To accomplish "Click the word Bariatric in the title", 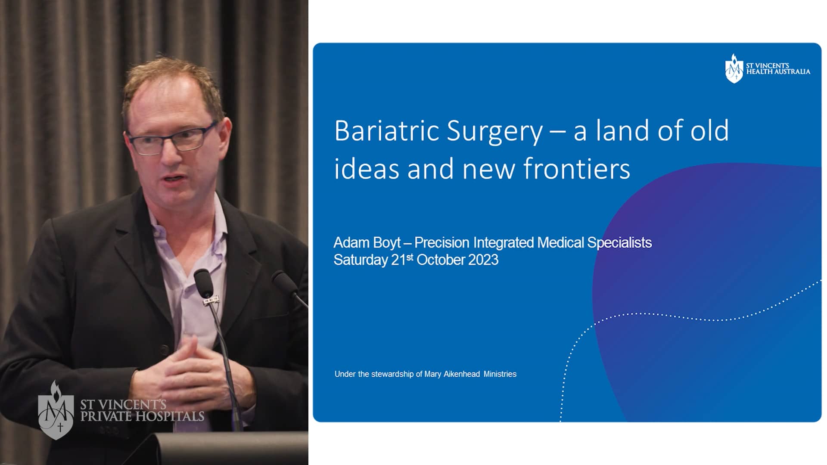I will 387,130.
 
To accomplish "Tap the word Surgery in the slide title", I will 494,131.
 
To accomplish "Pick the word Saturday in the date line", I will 361,260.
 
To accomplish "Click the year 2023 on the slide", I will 483,260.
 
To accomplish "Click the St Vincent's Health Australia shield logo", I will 734,68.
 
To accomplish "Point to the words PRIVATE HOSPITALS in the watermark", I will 142,416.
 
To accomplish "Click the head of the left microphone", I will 203,282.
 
